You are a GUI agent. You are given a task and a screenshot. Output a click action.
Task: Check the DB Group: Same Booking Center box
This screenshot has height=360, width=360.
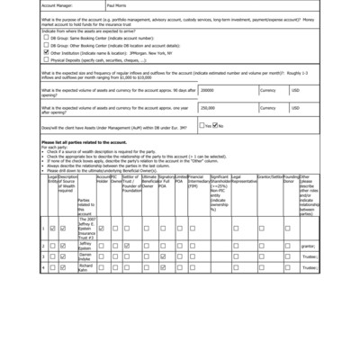(x=46, y=38)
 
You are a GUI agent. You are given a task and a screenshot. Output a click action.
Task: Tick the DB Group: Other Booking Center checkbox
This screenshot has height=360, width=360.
(x=46, y=45)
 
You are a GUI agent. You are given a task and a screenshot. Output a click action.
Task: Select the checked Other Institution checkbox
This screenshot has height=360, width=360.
(x=46, y=52)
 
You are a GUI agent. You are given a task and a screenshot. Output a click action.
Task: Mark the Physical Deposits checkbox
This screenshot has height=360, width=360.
(x=46, y=59)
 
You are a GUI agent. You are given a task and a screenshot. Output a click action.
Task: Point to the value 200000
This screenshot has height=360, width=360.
(x=208, y=91)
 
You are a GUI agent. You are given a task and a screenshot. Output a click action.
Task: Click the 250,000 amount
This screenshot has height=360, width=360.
(x=209, y=107)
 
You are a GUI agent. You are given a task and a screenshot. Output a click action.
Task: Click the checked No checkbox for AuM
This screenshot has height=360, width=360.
(x=216, y=126)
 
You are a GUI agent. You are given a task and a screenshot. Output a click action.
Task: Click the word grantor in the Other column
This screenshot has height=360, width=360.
(x=307, y=245)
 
